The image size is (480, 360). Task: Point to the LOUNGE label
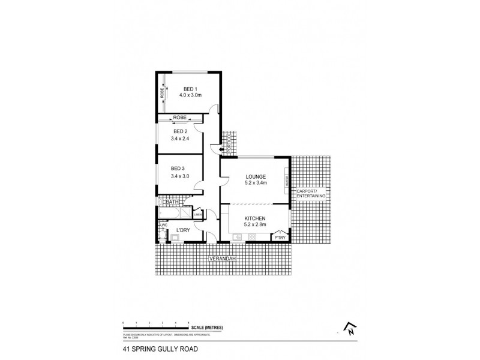pyautogui.click(x=256, y=176)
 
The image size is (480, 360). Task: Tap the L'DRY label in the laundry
pyautogui.click(x=182, y=230)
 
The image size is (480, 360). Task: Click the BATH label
pyautogui.click(x=173, y=202)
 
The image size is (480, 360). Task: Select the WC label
pyautogui.click(x=163, y=225)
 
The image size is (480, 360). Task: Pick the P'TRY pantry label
pyautogui.click(x=280, y=238)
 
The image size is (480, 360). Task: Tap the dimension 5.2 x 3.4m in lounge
pyautogui.click(x=256, y=183)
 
